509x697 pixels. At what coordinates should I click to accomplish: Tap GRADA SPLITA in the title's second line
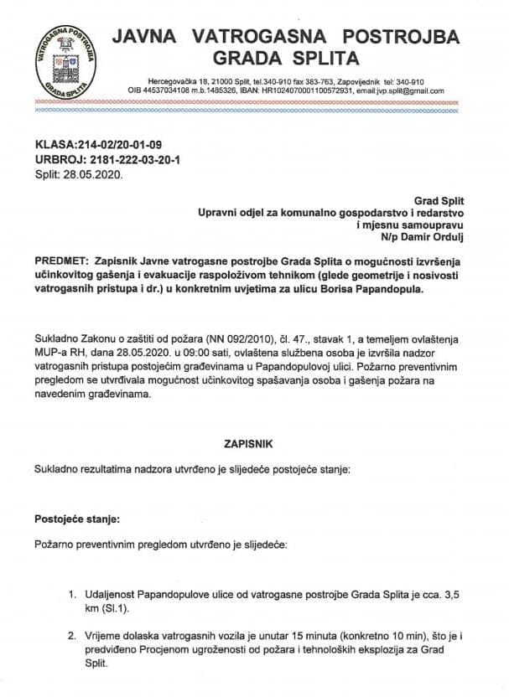287,59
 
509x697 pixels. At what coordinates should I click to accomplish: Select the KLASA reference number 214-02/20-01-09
112,144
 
